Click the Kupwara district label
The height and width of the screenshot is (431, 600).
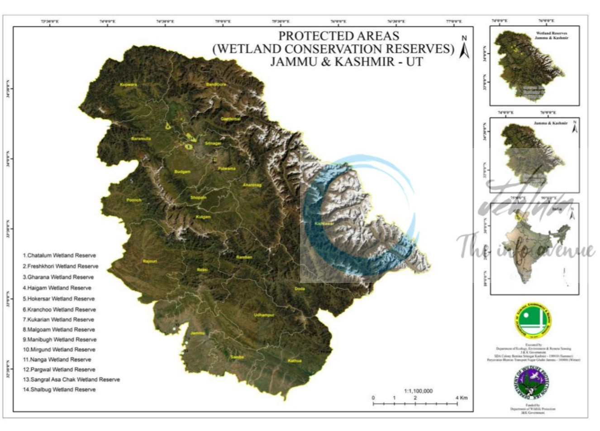pyautogui.click(x=128, y=85)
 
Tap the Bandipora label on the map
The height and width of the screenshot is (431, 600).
pyautogui.click(x=215, y=85)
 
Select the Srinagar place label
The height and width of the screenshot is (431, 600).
pyautogui.click(x=213, y=144)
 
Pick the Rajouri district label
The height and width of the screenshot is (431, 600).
pyautogui.click(x=150, y=261)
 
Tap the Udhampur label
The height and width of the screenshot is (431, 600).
pyautogui.click(x=264, y=315)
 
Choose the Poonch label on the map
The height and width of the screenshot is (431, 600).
pyautogui.click(x=134, y=200)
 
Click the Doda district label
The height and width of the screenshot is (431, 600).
pyautogui.click(x=300, y=289)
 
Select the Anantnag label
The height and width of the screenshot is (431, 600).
pyautogui.click(x=252, y=185)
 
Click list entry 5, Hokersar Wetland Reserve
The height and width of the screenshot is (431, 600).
pyautogui.click(x=59, y=299)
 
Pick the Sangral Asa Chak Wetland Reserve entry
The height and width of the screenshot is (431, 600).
pyautogui.click(x=71, y=379)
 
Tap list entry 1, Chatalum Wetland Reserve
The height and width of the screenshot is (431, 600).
pyautogui.click(x=59, y=255)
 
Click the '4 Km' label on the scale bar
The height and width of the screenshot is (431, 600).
pyautogui.click(x=462, y=398)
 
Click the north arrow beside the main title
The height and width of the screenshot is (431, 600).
pyautogui.click(x=464, y=47)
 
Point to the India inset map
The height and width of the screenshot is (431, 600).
pyautogui.click(x=529, y=246)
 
